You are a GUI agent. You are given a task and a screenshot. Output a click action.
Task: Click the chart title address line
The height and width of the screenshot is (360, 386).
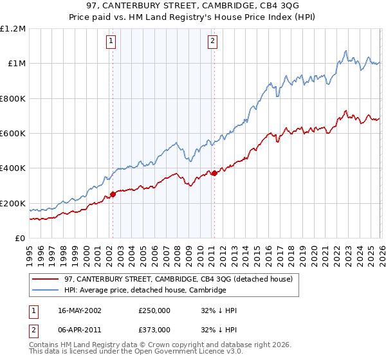click(193, 6)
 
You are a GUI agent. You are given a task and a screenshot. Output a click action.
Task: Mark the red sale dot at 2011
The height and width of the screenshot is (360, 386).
click(214, 173)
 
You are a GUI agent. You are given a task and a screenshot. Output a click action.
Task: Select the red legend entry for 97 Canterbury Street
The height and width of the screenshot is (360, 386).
click(179, 279)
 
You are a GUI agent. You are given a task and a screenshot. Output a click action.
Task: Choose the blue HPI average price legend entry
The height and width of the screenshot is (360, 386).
click(145, 291)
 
